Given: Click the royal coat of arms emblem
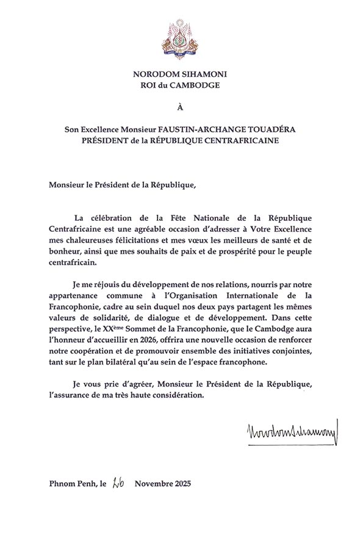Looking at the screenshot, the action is (179, 38).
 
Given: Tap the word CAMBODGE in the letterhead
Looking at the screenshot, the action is (198, 85).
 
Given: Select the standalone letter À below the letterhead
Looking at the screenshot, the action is (179, 107).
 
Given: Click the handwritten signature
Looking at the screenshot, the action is (293, 435).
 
